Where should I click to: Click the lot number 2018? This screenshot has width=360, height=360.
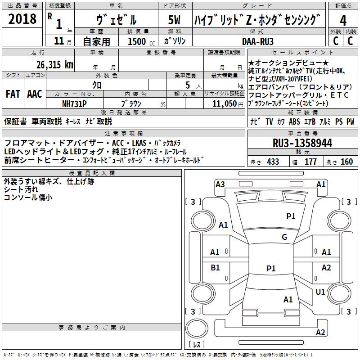click(x=22, y=19)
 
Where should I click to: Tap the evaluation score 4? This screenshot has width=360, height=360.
click(x=343, y=21)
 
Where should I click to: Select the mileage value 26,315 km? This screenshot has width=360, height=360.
click(x=43, y=65)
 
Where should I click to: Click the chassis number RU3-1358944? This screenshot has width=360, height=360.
click(x=302, y=143)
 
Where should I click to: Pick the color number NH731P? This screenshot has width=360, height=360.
click(x=74, y=103)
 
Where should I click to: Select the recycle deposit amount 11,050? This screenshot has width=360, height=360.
click(x=222, y=103)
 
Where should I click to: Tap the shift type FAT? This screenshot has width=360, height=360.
click(x=13, y=94)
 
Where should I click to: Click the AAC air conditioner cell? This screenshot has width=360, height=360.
click(x=35, y=94)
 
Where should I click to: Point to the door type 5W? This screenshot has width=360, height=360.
click(x=175, y=21)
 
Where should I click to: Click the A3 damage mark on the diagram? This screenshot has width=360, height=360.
click(x=220, y=184)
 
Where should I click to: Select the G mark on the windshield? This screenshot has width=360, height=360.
click(x=284, y=237)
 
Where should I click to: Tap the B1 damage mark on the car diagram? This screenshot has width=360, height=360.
click(x=215, y=268)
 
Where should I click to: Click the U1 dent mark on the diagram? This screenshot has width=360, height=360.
click(x=320, y=292)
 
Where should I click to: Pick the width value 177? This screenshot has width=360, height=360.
click(x=311, y=162)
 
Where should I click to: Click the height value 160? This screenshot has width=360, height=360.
click(x=346, y=162)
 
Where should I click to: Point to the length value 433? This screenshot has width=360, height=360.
click(x=273, y=162)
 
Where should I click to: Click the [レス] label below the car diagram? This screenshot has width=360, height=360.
click(x=197, y=345)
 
